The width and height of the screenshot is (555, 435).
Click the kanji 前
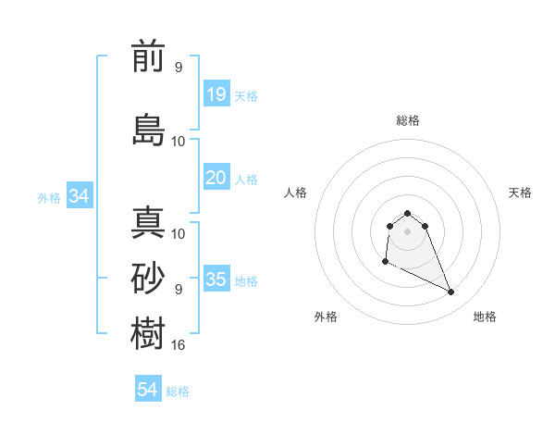coord(148,57)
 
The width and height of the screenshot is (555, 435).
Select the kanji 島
coord(148,130)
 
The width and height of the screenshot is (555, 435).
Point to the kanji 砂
coord(148,279)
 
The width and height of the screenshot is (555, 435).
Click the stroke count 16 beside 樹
coord(179,345)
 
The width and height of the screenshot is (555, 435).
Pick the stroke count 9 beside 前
coord(179,68)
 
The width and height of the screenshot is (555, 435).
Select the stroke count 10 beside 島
coord(179,141)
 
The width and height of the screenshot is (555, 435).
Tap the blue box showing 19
coord(216,94)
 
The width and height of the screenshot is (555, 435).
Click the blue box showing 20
coord(216,178)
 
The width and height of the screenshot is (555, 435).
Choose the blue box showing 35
coord(216,280)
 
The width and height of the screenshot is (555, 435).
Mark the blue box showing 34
coord(79,196)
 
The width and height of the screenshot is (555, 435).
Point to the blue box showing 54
coord(148,390)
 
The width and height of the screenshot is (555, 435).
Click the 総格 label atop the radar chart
coord(408,120)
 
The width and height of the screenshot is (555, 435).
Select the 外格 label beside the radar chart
coord(326,317)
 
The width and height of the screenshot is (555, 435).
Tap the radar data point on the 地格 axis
coord(451,292)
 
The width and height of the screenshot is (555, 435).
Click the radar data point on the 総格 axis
coord(408,213)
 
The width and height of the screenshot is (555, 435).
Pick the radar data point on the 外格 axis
coord(385,263)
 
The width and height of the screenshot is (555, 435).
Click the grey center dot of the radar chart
coord(408,230)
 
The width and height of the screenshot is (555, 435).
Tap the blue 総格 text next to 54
coord(178,391)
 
